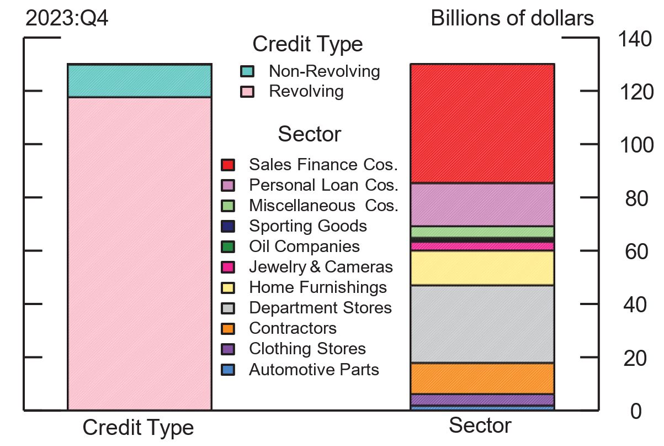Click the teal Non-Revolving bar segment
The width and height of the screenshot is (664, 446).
tap(139, 81)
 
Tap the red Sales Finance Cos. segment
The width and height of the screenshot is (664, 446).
tap(482, 123)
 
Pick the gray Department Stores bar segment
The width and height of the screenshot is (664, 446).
tap(482, 324)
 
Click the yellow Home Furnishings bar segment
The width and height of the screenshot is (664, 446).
tap(482, 268)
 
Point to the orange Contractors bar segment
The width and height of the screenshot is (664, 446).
tap(482, 379)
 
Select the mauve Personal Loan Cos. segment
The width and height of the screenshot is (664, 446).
tap(482, 204)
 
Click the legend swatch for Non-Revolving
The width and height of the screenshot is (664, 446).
tap(247, 71)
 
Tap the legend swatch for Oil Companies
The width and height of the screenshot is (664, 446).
tap(228, 246)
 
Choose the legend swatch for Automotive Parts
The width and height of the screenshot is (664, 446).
tap(228, 369)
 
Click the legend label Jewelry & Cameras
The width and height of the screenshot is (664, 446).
tap(321, 267)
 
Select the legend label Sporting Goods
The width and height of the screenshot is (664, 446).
tap(307, 226)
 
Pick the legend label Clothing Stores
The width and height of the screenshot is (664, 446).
tap(307, 349)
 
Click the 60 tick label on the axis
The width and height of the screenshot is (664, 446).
tap(636, 252)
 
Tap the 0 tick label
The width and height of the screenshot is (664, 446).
tap(636, 411)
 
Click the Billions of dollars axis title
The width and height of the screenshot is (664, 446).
tap(512, 18)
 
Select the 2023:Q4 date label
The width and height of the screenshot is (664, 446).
tap(66, 18)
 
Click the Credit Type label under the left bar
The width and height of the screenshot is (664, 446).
tap(138, 428)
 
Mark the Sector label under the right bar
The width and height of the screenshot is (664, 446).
tap(480, 426)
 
